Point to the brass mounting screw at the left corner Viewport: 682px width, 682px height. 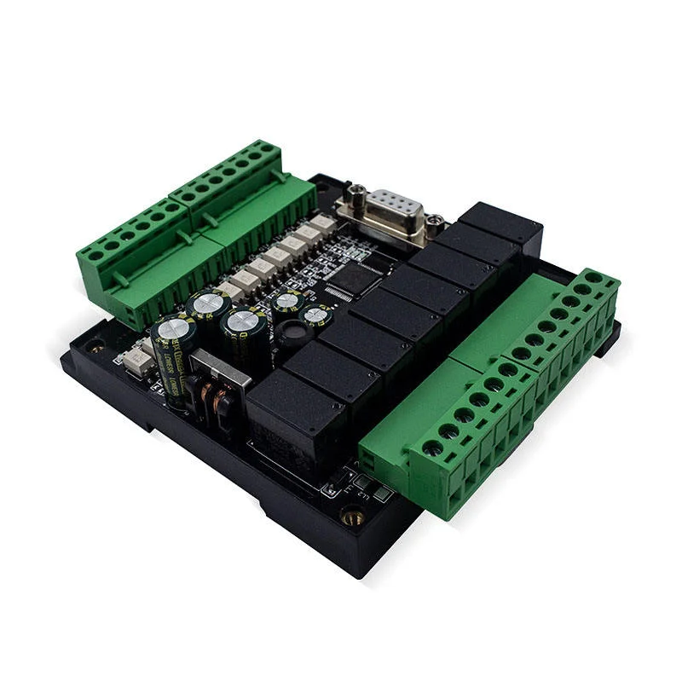(95, 347)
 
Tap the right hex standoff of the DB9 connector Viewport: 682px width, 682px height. (435, 223)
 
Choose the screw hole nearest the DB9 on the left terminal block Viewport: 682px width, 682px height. (268, 148)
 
